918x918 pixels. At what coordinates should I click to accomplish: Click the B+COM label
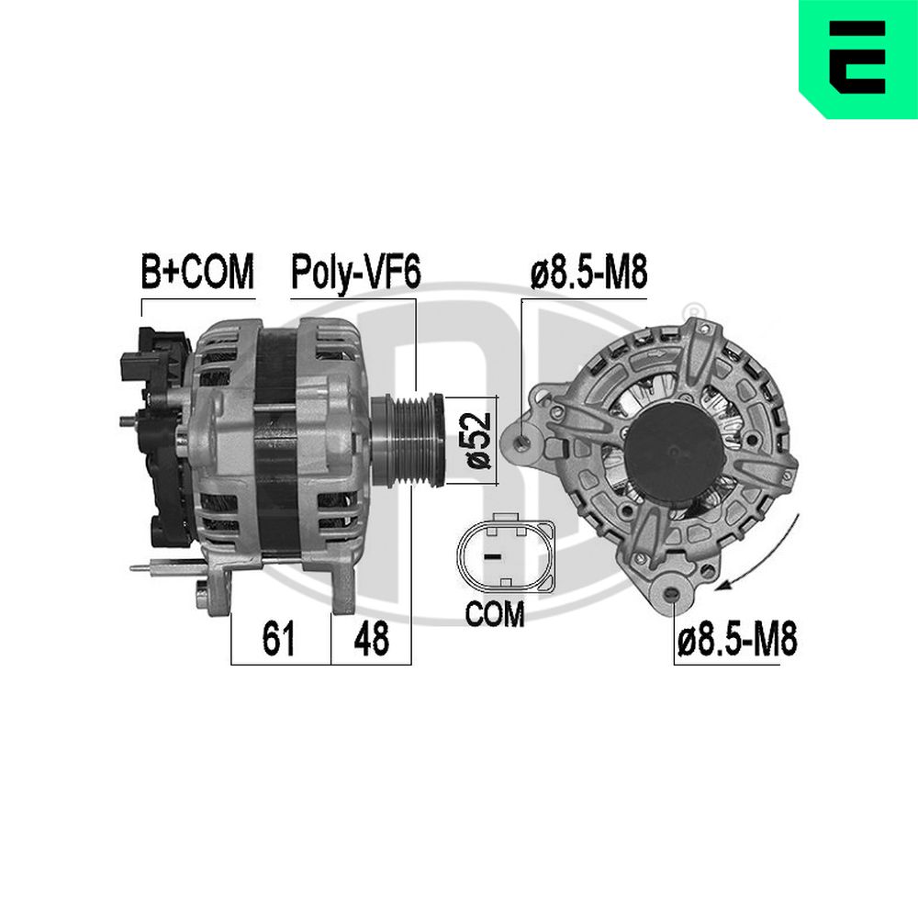tap(196, 272)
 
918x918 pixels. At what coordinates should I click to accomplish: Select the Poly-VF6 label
tap(355, 272)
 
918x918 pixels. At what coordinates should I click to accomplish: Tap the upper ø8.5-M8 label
tap(588, 272)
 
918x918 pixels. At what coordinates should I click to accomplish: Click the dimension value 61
tap(278, 639)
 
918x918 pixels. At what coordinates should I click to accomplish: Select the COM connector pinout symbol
tap(505, 555)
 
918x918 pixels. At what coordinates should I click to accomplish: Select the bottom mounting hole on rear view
tap(676, 598)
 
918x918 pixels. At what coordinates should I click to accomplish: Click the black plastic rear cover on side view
tap(156, 431)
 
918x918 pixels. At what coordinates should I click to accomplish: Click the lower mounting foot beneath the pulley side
tap(342, 588)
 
